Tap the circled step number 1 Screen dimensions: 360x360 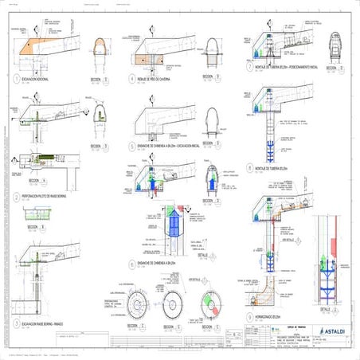[x=17, y=80]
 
